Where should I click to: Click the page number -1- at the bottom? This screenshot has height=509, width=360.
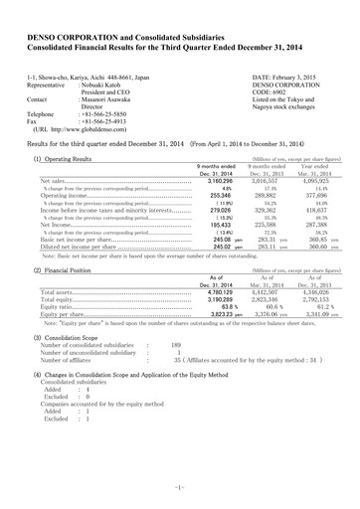click(x=180, y=486)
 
